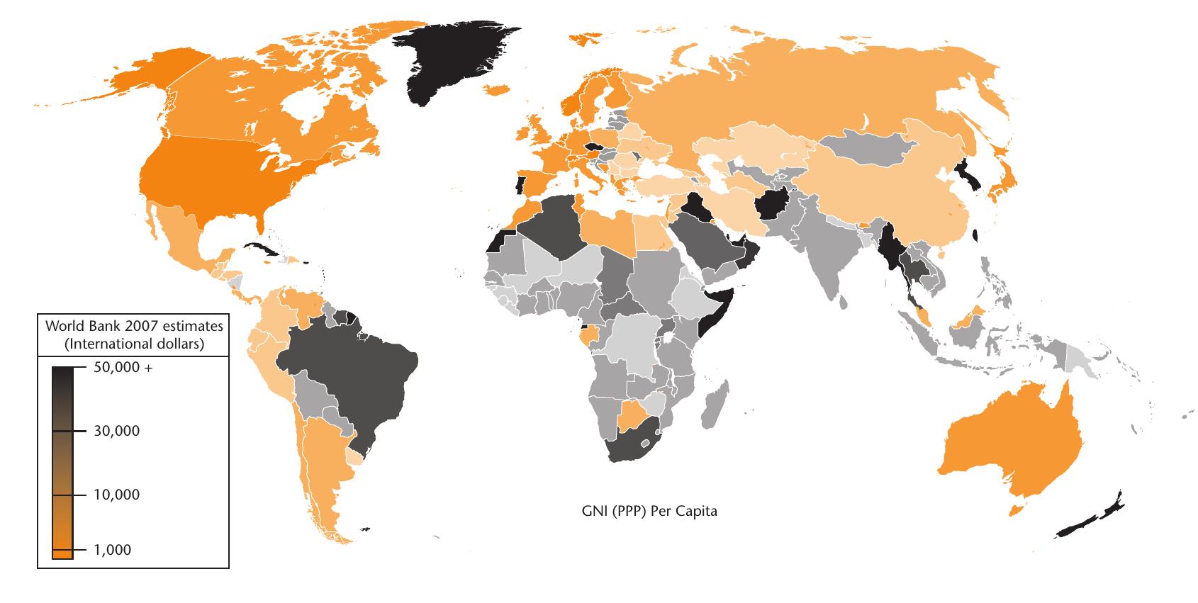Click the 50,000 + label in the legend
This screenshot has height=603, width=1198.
[123, 368]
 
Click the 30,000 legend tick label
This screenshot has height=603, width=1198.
[116, 431]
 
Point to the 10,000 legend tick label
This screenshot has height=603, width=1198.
[116, 495]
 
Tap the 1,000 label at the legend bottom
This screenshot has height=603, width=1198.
[112, 550]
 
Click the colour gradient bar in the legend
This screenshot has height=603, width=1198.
[62, 461]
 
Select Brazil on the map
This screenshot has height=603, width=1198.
[347, 376]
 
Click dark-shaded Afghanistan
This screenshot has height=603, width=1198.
[773, 205]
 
